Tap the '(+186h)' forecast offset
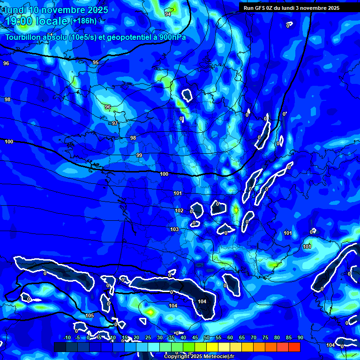tap(83, 21)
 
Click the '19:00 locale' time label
tap(36, 21)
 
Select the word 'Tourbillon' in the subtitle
tap(23, 37)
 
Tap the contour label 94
tap(168, 15)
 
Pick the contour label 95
tap(96, 62)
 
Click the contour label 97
tap(115, 123)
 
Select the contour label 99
tap(139, 155)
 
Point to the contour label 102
tap(179, 211)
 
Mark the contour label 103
tap(174, 229)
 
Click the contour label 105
tap(90, 315)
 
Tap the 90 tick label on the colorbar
tap(300, 338)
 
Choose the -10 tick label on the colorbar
tap(67, 338)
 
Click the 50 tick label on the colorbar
tap(207, 338)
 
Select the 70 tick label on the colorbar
tap(254, 338)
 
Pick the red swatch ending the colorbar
tap(294, 347)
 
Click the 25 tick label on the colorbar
tap(148, 338)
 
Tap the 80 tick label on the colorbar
tap(277, 338)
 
